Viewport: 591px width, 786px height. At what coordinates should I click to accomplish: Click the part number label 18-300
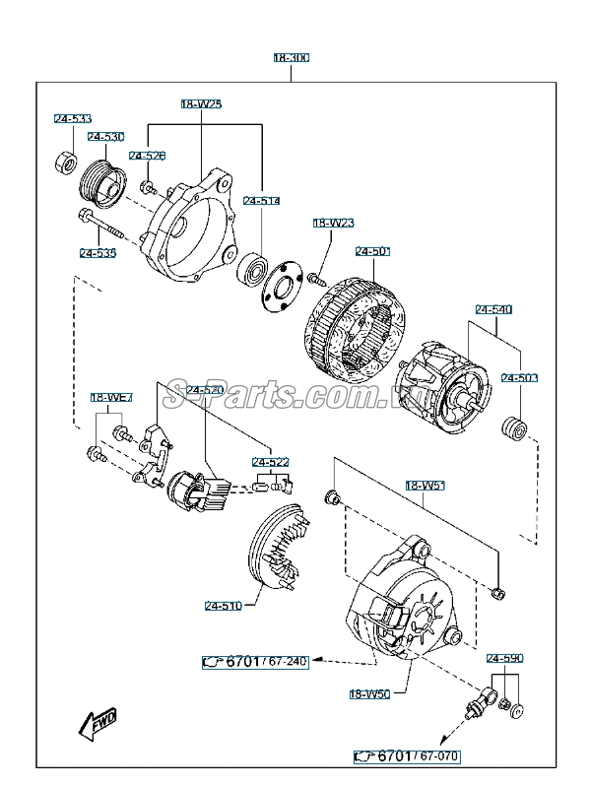click(x=292, y=58)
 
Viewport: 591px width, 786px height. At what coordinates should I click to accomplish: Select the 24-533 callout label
click(x=72, y=119)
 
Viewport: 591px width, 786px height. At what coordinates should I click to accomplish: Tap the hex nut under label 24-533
click(x=66, y=161)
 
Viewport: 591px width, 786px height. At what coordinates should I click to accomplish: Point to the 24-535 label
click(x=98, y=253)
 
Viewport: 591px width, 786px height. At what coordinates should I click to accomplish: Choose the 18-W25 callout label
click(x=201, y=103)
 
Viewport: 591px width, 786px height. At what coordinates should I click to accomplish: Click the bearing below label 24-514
click(x=254, y=267)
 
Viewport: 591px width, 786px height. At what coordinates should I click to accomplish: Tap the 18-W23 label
click(x=333, y=224)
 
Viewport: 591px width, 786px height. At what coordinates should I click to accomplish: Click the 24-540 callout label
click(x=493, y=309)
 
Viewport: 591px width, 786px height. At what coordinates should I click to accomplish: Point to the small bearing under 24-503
click(x=514, y=428)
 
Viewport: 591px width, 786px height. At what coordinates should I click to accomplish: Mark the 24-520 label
click(x=206, y=390)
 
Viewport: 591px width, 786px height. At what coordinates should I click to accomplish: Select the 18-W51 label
click(x=426, y=486)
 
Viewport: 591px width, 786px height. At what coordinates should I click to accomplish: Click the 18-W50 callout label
click(x=370, y=693)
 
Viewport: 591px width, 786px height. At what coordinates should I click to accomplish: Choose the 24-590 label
click(x=504, y=657)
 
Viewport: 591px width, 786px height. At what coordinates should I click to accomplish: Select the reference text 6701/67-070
click(x=407, y=756)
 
